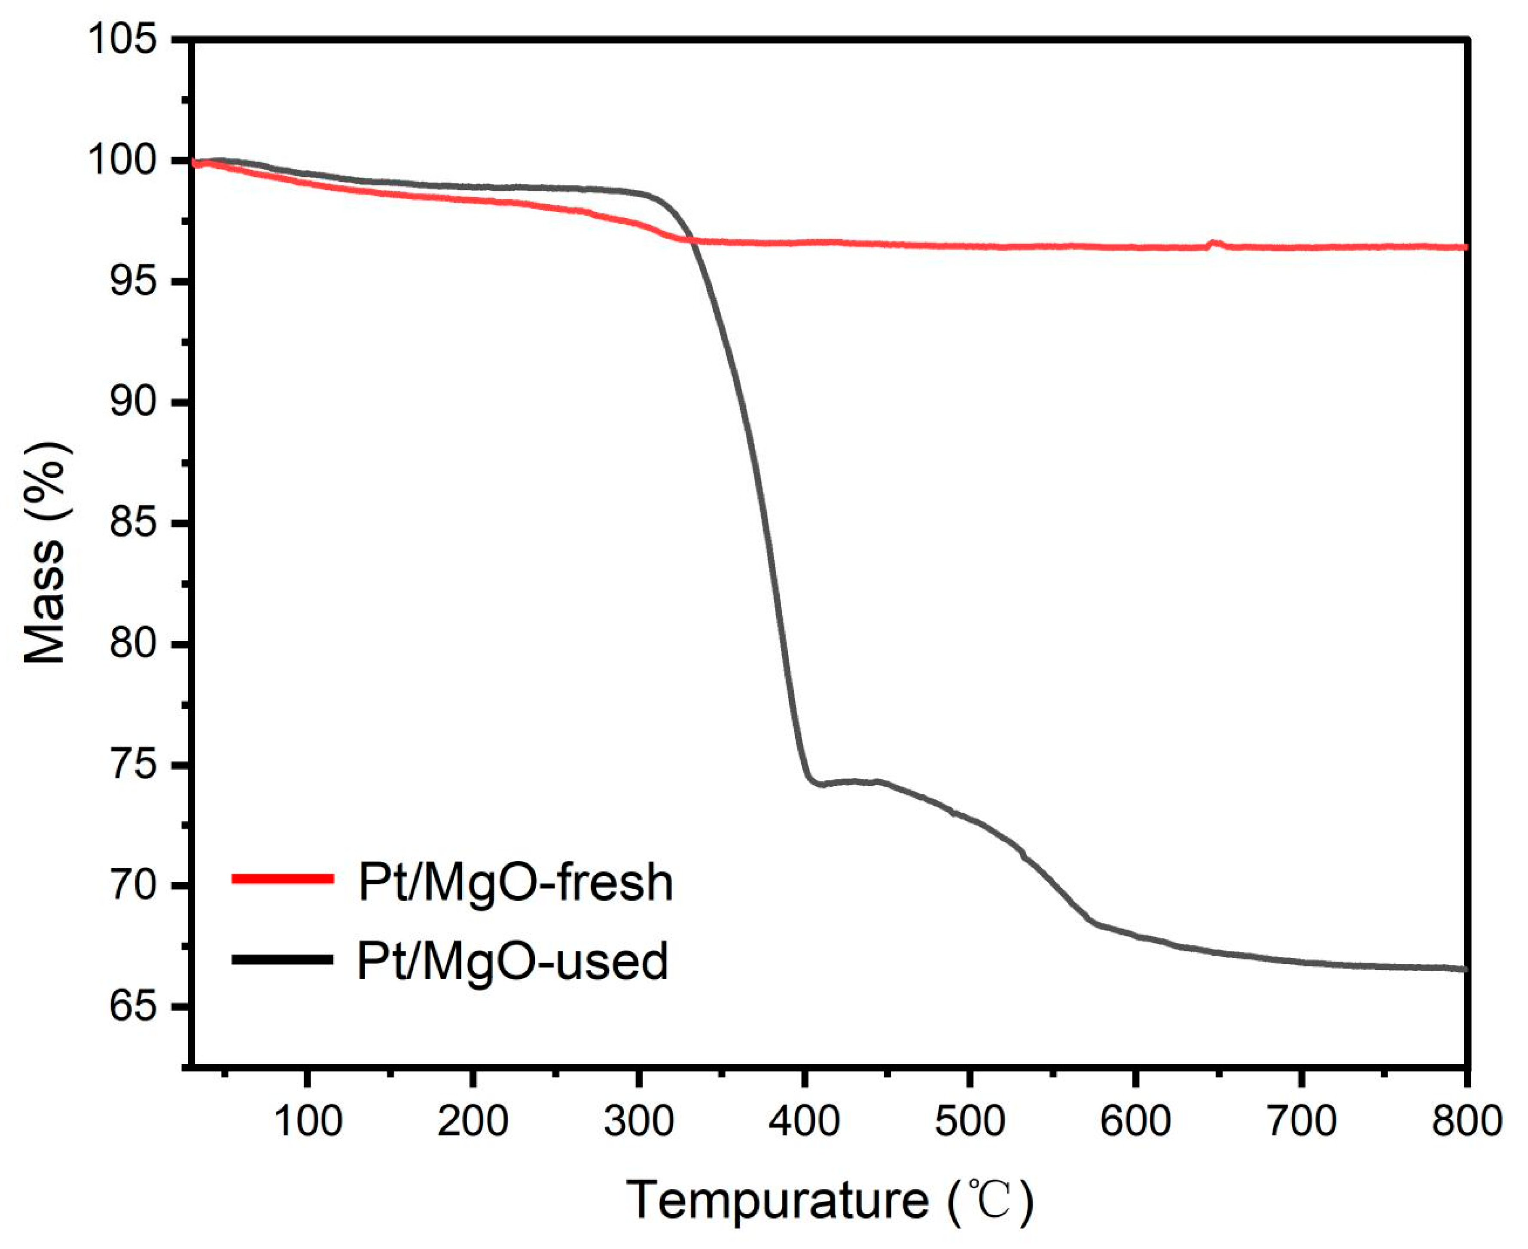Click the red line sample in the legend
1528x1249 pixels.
[283, 878]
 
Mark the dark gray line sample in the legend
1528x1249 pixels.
[283, 959]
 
